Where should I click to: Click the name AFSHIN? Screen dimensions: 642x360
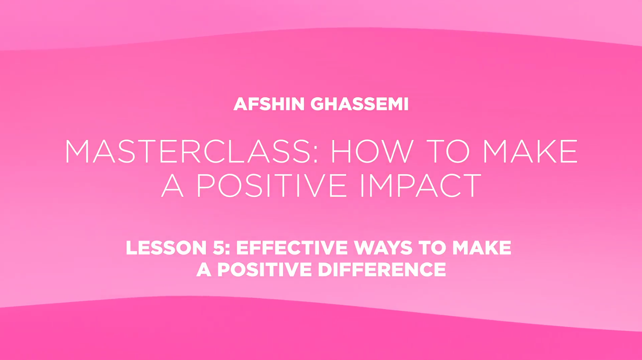point(269,104)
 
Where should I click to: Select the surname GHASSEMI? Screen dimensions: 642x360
point(360,104)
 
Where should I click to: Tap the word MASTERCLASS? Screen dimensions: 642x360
point(187,151)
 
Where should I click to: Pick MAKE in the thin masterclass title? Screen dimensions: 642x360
point(530,151)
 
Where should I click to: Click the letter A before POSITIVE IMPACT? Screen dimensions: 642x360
point(172,185)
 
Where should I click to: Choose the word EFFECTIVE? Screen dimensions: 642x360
point(292,248)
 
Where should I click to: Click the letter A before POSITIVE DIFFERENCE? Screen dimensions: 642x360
point(204,269)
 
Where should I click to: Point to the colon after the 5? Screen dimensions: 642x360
point(228,249)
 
